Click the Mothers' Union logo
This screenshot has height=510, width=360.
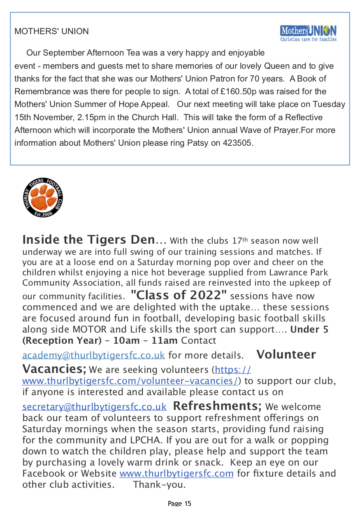coord(308,33)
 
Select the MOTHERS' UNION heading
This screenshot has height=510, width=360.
coord(51,31)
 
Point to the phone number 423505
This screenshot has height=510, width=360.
coord(238,143)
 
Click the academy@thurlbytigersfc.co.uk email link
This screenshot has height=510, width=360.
coord(93,355)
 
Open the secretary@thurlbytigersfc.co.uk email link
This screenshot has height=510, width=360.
coord(94,407)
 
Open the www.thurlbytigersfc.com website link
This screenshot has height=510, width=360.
coord(177,473)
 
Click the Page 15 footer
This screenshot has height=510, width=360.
coord(180,503)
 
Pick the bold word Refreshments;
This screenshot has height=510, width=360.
coord(217,406)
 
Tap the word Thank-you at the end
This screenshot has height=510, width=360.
coord(159,484)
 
